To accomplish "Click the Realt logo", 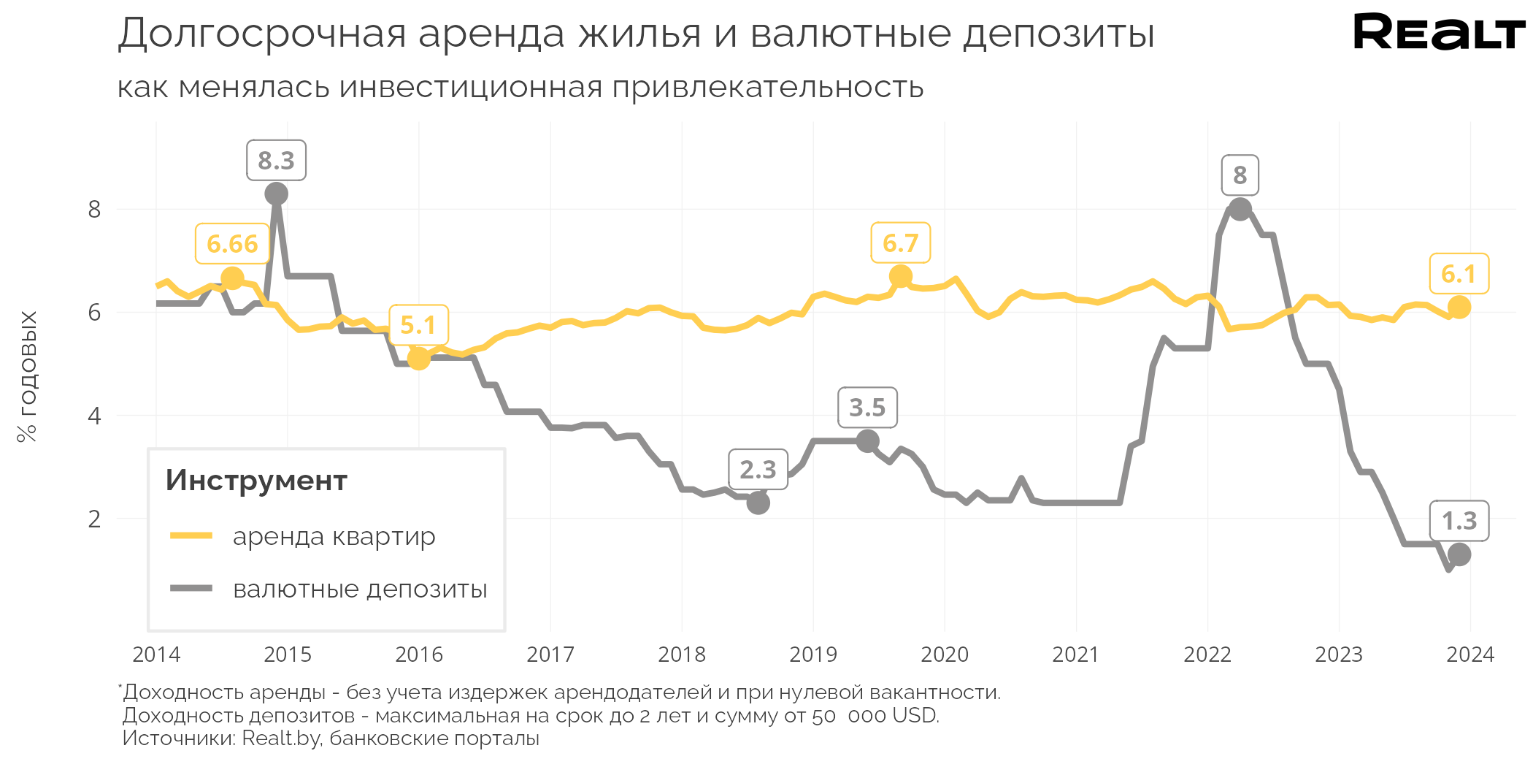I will tap(1438, 33).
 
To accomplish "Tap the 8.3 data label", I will tap(276, 161).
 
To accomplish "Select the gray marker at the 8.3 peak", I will tap(276, 194).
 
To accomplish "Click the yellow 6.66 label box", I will tap(232, 244).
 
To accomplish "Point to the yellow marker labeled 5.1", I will tap(418, 358).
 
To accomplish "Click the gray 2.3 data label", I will tap(758, 470).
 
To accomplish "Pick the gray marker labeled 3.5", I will tap(867, 441).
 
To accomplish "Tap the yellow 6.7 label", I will tap(900, 243).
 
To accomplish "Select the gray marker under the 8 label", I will tap(1240, 210).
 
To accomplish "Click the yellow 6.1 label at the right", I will tap(1459, 274).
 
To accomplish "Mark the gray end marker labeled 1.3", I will tap(1459, 554).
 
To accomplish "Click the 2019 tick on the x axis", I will tap(813, 655).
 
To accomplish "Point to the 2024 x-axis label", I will tap(1470, 655).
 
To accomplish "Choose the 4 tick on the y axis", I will tap(94, 416).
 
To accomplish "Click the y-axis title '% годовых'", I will tap(27, 376).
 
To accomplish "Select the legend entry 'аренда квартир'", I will tap(334, 536).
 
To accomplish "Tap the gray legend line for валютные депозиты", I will tap(191, 588).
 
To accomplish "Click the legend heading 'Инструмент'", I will tap(256, 481).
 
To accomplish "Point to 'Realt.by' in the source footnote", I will tap(281, 739).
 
